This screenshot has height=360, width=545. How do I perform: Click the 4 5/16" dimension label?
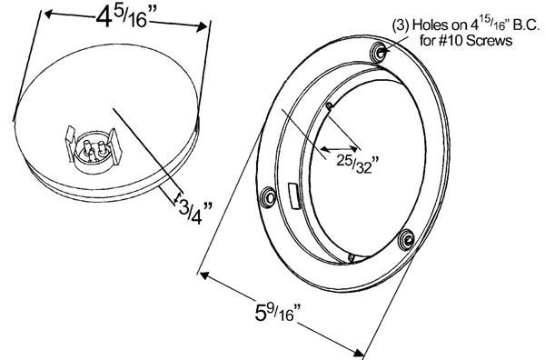pyautogui.click(x=124, y=18)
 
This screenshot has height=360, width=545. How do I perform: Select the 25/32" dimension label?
pyautogui.click(x=357, y=165)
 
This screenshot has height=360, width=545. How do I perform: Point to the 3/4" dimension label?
pyautogui.click(x=195, y=213)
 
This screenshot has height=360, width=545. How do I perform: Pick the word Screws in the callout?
pyautogui.click(x=489, y=40)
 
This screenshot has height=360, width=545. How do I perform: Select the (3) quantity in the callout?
pyautogui.click(x=401, y=25)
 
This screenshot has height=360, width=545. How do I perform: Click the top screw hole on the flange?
pyautogui.click(x=380, y=53)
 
